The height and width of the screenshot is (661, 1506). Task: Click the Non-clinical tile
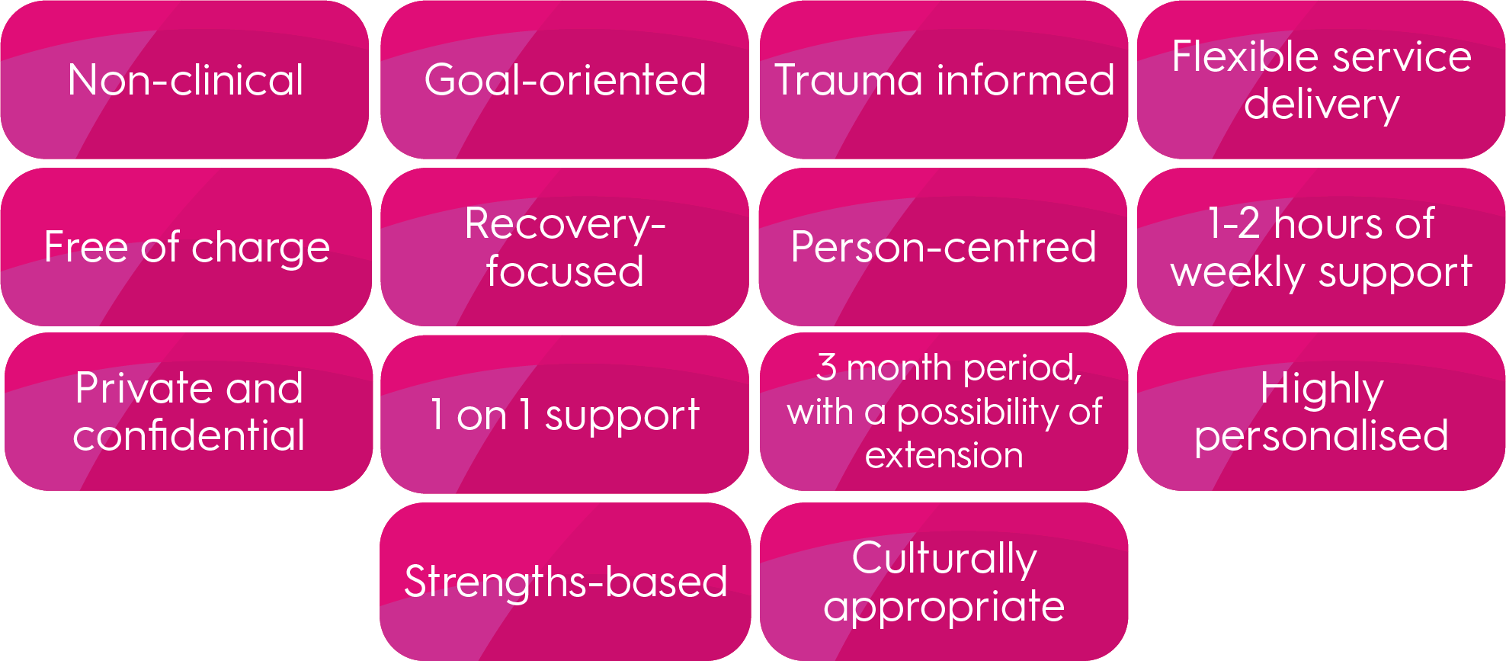pyautogui.click(x=185, y=80)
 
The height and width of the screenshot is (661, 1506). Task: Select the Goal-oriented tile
pyautogui.click(x=565, y=80)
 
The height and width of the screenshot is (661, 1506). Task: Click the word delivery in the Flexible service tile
pyautogui.click(x=1322, y=105)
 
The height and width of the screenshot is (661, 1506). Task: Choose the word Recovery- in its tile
pyautogui.click(x=565, y=224)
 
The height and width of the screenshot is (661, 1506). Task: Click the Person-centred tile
pyautogui.click(x=944, y=247)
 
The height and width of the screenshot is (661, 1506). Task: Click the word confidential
pyautogui.click(x=188, y=435)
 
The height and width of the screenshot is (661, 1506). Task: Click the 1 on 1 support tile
pyautogui.click(x=565, y=415)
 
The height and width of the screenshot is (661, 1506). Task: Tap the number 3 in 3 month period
pyautogui.click(x=826, y=367)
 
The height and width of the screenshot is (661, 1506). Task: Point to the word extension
pyautogui.click(x=944, y=456)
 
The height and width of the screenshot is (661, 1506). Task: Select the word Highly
pyautogui.click(x=1322, y=389)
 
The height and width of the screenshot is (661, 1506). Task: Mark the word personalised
pyautogui.click(x=1322, y=436)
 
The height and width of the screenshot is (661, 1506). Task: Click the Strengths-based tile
pyautogui.click(x=565, y=582)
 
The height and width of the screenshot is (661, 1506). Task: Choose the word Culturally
pyautogui.click(x=944, y=558)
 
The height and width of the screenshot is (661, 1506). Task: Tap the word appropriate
pyautogui.click(x=944, y=607)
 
